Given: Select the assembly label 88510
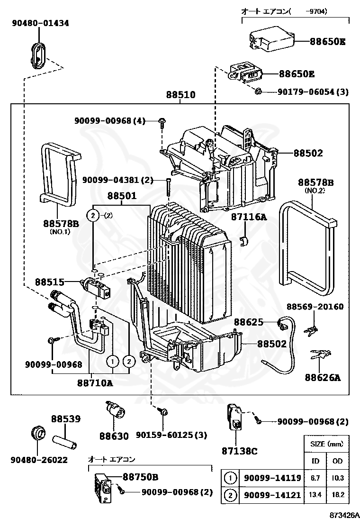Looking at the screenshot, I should click(180, 95).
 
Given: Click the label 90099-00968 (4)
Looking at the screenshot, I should click(109, 121).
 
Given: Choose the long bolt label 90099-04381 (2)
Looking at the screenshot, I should click(118, 180).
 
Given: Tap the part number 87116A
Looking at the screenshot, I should click(249, 217).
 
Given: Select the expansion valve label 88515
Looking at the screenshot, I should click(49, 282).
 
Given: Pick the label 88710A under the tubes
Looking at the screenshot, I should click(95, 383).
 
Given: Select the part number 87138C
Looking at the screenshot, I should click(239, 451).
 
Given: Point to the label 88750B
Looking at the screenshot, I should click(140, 476).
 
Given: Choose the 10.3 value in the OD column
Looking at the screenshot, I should click(338, 478).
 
